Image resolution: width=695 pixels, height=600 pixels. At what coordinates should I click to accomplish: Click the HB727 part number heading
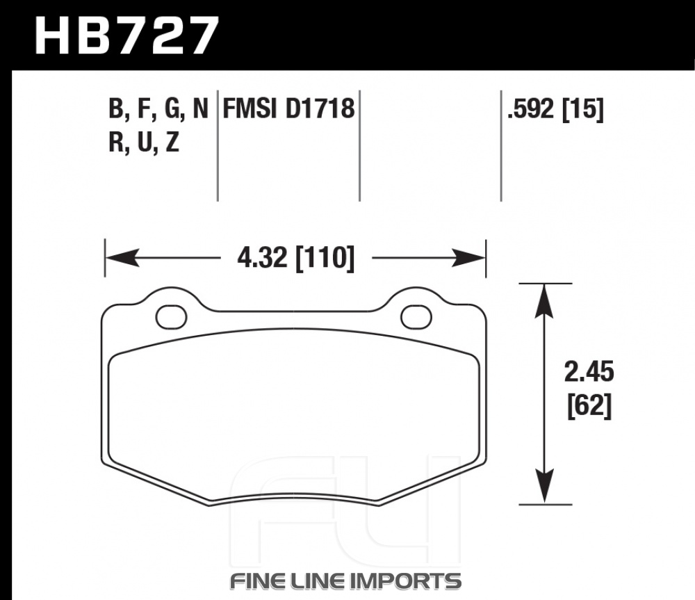click(x=126, y=35)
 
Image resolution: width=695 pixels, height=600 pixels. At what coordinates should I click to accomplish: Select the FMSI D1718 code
click(x=288, y=108)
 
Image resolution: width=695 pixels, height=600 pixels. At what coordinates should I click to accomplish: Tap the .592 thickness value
click(x=530, y=108)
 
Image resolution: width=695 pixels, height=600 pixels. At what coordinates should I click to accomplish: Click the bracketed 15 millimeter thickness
click(x=583, y=109)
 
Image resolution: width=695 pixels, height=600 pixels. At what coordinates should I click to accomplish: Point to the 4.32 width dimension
click(x=262, y=258)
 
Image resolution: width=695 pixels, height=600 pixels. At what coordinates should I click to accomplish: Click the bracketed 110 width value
click(x=325, y=258)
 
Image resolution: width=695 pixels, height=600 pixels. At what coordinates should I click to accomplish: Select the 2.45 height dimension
click(x=589, y=372)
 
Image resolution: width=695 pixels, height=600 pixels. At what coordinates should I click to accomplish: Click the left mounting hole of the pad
click(x=171, y=317)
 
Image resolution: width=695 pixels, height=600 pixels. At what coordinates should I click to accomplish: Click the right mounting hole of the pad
click(x=416, y=317)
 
